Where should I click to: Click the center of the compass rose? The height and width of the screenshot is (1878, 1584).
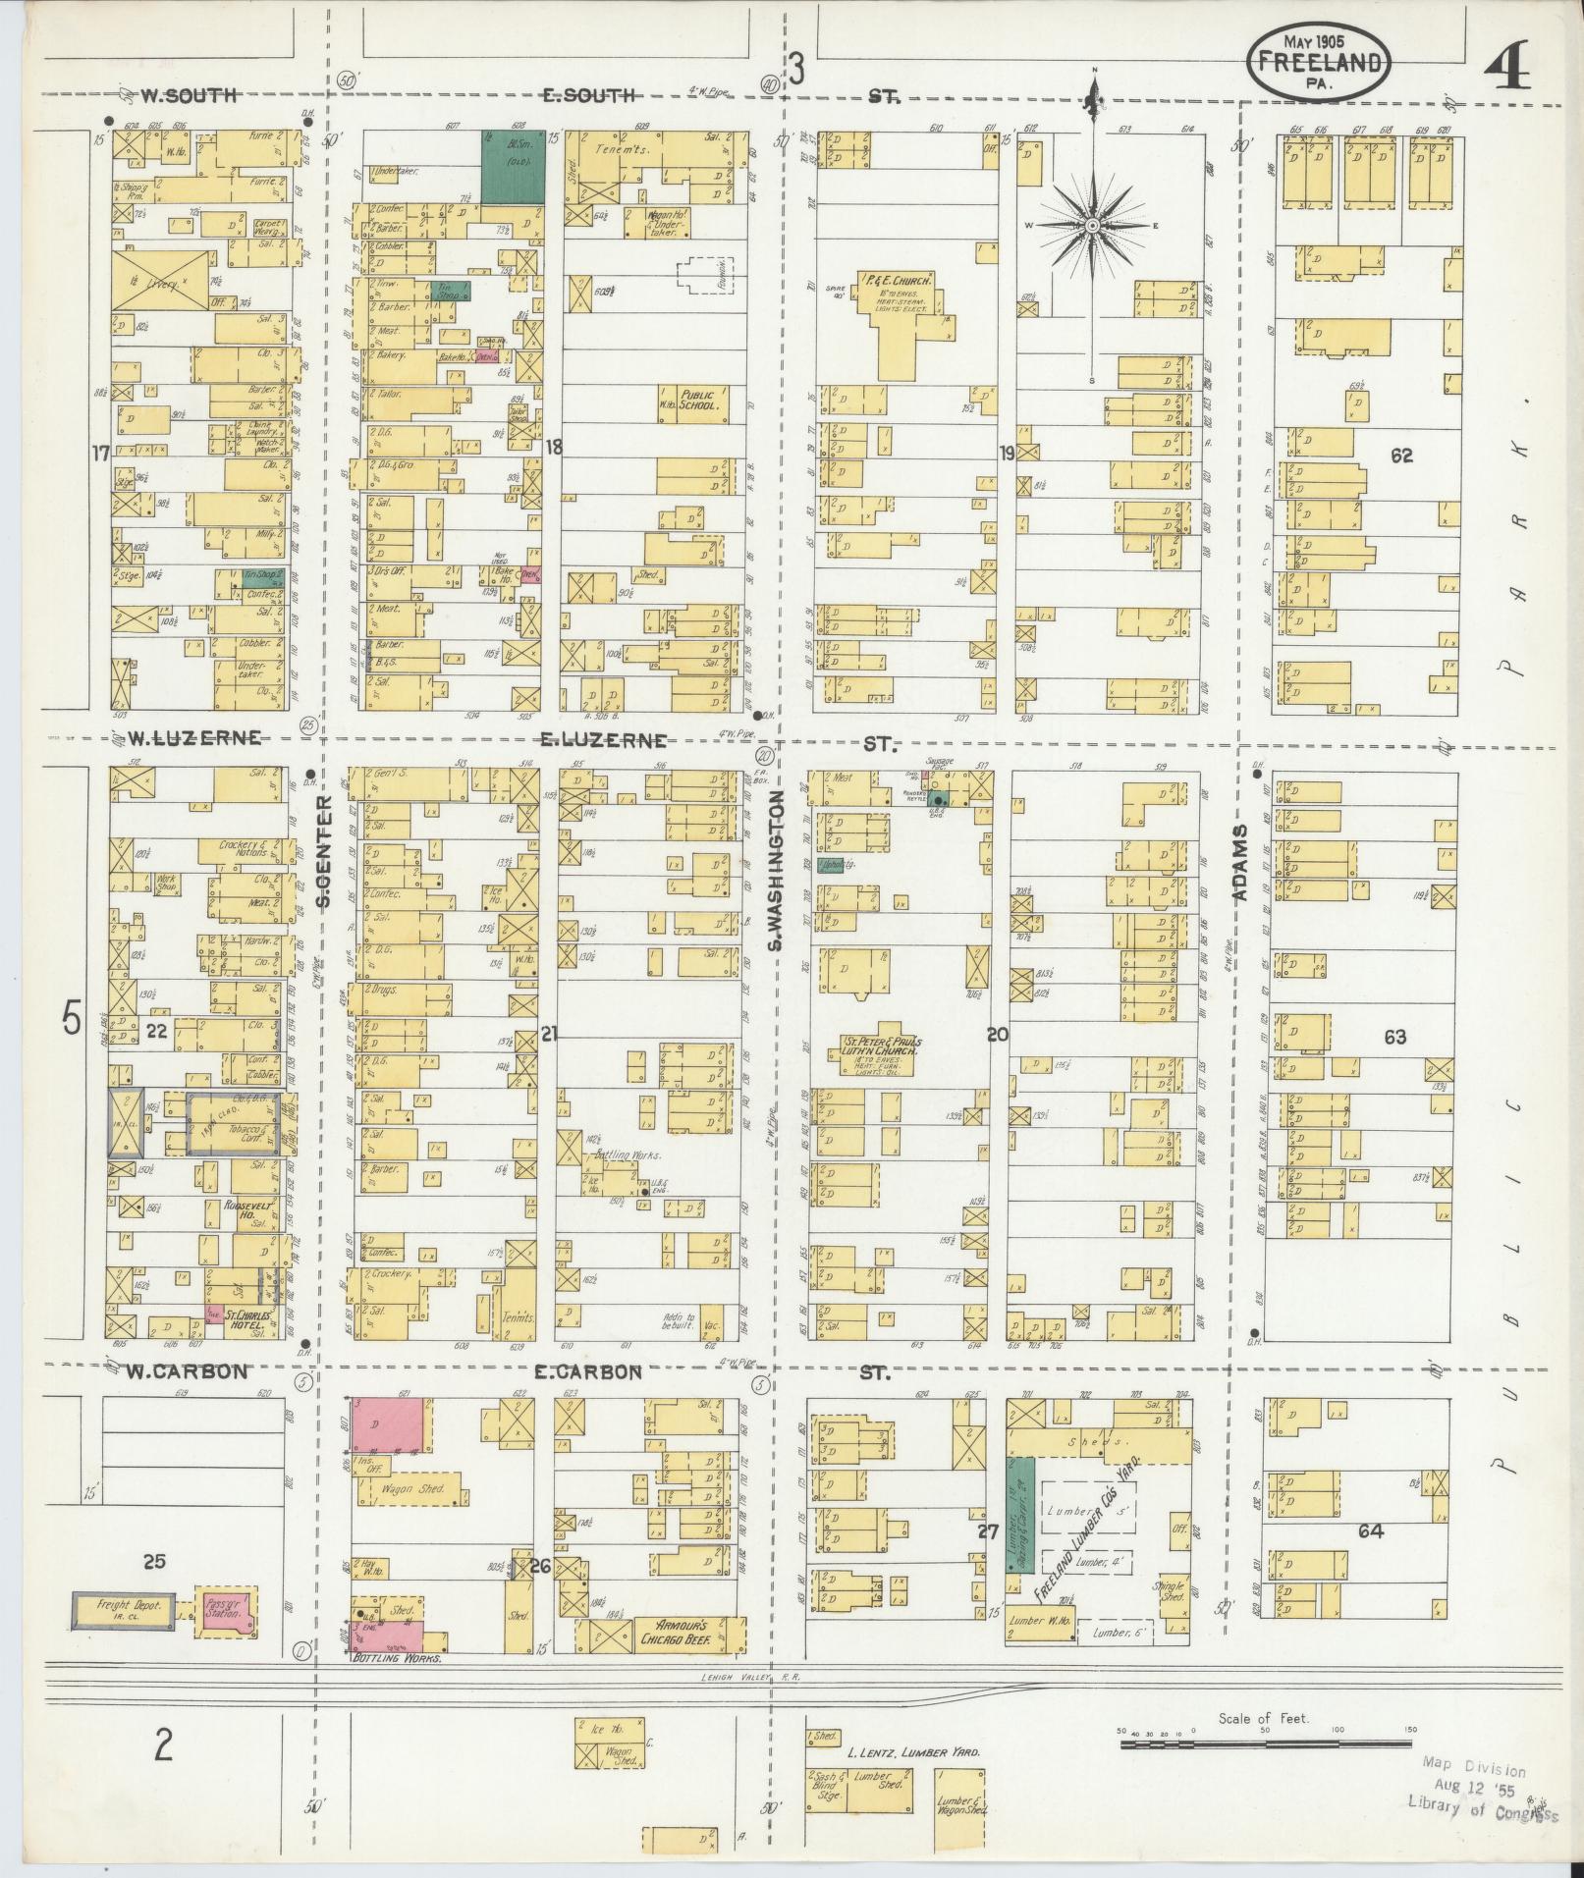point(1092,226)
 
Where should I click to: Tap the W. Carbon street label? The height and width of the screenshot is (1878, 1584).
point(187,1372)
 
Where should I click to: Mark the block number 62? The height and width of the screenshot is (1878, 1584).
point(1401,456)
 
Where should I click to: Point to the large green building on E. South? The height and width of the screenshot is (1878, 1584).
point(513,167)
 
